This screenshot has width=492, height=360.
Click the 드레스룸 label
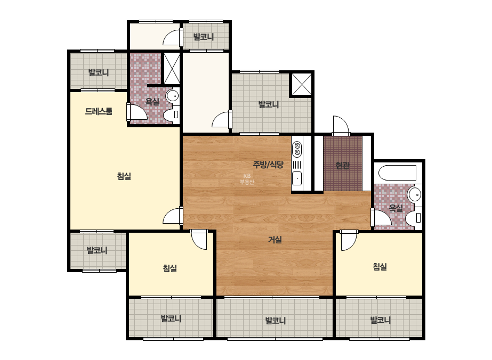[99, 111]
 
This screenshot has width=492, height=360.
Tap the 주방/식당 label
[268, 165]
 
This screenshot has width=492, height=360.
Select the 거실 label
[275, 240]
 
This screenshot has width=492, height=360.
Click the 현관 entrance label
[342, 165]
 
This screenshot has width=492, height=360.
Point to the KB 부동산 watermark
[247, 179]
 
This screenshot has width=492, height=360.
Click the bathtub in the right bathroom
[397, 173]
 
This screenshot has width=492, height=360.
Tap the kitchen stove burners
[297, 149]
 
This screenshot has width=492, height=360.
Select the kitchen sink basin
[297, 178]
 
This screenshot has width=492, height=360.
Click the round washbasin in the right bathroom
[414, 194]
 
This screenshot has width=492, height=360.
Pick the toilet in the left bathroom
[172, 114]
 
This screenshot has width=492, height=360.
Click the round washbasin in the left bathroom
[172, 96]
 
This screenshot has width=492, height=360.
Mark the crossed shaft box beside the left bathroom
[172, 69]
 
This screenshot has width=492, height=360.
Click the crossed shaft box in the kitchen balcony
[302, 84]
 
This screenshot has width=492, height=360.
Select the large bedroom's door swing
[173, 216]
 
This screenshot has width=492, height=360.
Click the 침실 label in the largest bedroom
[124, 176]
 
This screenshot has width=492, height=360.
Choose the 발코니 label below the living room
[276, 321]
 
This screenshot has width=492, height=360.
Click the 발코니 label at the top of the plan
[203, 37]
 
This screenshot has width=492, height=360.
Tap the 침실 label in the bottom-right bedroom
[380, 267]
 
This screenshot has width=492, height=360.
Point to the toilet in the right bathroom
[414, 217]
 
